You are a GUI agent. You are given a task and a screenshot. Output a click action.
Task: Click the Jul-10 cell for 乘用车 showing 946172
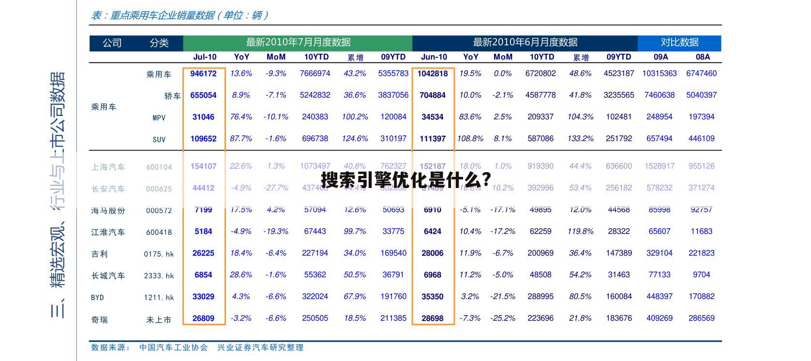[x=203, y=73]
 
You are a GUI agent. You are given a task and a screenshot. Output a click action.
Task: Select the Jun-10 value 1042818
[x=433, y=73]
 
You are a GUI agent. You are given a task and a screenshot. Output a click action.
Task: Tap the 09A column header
[x=661, y=57]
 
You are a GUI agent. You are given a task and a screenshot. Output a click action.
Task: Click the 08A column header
[x=703, y=57]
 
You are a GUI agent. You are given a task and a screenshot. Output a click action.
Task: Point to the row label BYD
[x=97, y=297]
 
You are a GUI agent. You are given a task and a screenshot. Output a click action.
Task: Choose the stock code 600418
[x=159, y=232]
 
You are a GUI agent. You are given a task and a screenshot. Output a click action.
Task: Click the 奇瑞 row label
[x=100, y=319]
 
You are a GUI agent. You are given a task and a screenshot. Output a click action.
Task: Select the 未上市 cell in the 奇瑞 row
[x=159, y=319]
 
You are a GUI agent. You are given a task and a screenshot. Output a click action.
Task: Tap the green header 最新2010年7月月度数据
[x=298, y=43]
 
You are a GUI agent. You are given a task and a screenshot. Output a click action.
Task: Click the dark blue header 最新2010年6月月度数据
[x=525, y=43]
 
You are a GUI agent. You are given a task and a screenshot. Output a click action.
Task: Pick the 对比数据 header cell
[x=679, y=43]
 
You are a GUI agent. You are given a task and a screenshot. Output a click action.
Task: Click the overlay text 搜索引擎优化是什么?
[x=406, y=180]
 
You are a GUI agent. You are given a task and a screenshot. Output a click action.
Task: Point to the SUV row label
[x=159, y=139]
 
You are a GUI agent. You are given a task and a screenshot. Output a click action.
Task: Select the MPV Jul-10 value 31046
[x=203, y=117]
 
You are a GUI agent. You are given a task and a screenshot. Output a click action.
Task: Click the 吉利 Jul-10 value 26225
[x=203, y=253]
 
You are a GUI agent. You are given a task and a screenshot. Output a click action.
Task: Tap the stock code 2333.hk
[x=159, y=276]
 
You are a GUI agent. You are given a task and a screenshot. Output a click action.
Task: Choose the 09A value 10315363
[x=660, y=73]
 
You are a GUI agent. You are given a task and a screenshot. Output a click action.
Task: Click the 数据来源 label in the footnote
[x=110, y=347]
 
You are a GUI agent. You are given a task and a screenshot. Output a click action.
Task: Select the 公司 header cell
[x=112, y=43]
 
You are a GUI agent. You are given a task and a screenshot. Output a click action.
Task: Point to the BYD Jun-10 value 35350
[x=433, y=297]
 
